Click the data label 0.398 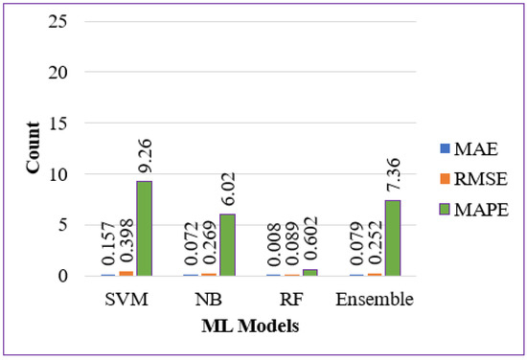pyautogui.click(x=126, y=244)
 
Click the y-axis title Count pyautogui.click(x=31, y=151)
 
